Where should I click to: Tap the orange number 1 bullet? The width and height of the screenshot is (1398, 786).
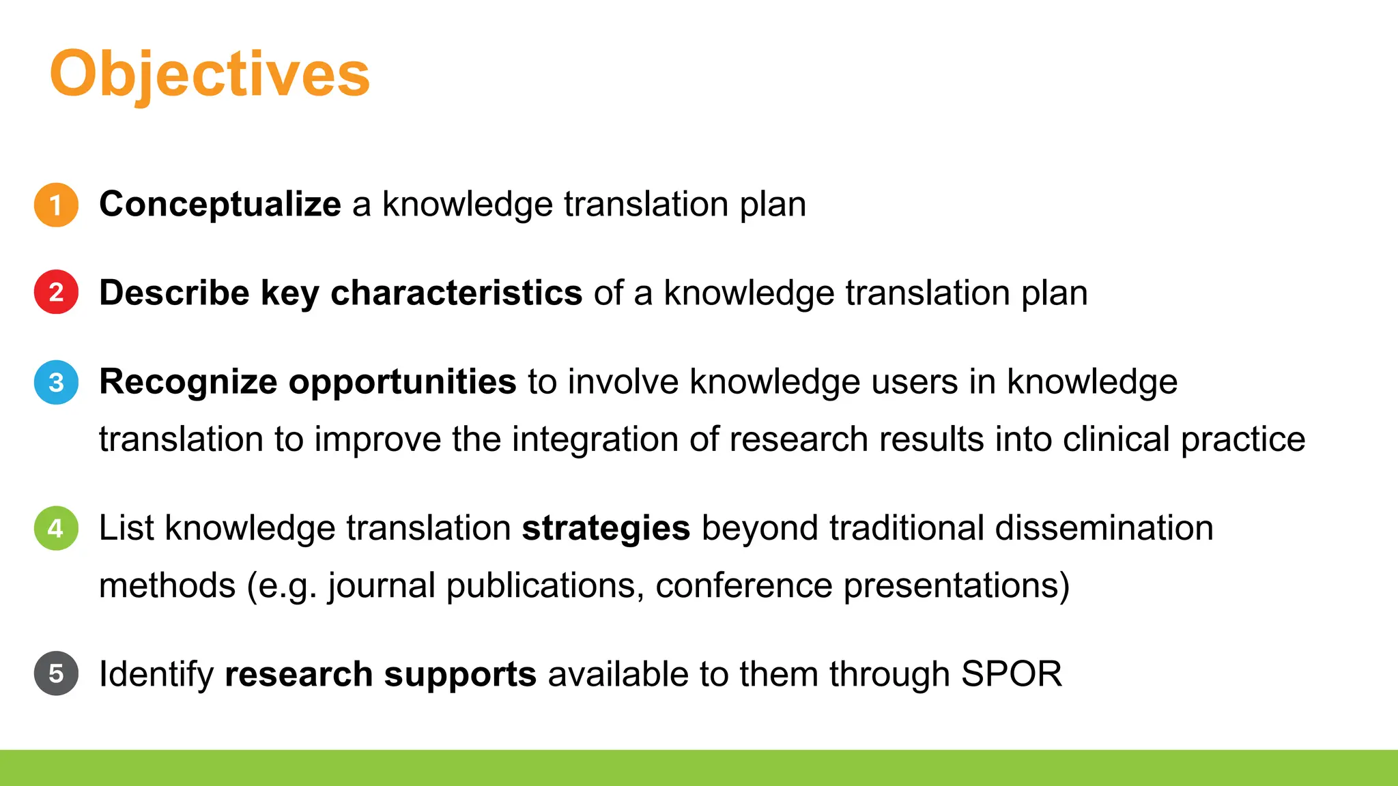[56, 205]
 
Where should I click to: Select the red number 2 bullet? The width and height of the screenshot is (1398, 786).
[56, 292]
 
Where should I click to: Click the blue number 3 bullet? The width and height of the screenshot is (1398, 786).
[56, 382]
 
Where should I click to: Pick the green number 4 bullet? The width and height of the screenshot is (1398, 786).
[56, 528]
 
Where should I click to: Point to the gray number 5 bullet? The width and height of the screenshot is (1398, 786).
[56, 673]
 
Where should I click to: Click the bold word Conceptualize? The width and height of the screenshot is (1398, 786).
[220, 204]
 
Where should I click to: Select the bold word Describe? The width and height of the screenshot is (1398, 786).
[174, 293]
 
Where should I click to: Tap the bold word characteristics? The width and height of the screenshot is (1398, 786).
[456, 293]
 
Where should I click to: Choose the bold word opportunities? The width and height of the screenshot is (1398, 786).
[402, 382]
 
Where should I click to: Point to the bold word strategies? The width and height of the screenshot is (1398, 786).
[605, 529]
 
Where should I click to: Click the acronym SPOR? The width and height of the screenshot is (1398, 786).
[1011, 674]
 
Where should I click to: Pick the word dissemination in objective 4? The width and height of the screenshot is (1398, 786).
[1104, 528]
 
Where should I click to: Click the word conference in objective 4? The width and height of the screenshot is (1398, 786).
[743, 585]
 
